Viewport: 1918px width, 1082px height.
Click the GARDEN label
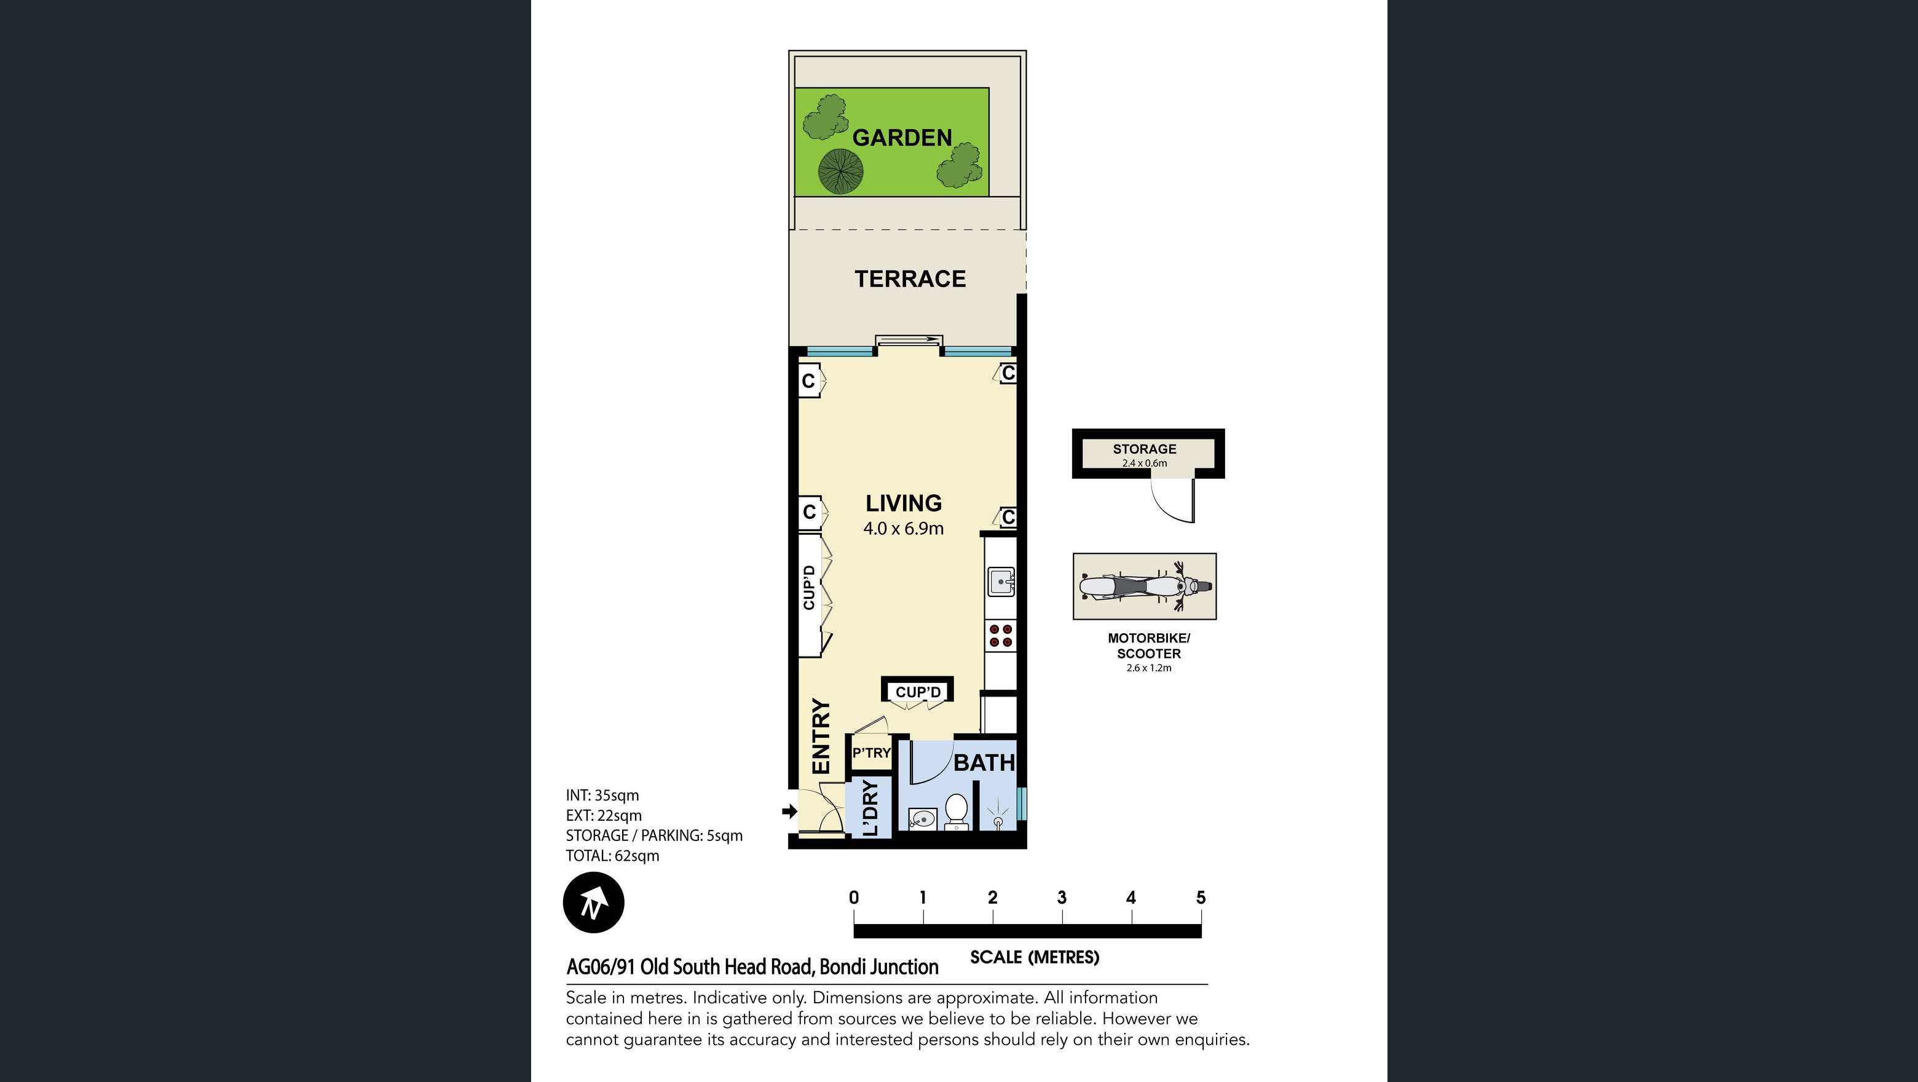[902, 138]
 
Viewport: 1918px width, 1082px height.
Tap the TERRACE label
[910, 278]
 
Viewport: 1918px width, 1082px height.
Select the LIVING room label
[903, 503]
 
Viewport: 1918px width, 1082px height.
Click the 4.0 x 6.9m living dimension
[903, 529]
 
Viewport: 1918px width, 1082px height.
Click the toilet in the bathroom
[955, 811]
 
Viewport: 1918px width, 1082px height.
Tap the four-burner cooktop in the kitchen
[1001, 635]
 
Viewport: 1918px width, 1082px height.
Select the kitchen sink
[1001, 582]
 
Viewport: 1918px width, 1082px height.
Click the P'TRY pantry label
[871, 753]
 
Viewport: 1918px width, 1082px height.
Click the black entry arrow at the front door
[789, 811]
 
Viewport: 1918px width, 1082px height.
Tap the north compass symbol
[593, 902]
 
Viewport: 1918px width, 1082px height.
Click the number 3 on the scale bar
[1062, 898]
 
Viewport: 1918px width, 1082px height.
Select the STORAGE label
[1145, 449]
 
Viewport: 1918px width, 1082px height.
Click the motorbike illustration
[1145, 586]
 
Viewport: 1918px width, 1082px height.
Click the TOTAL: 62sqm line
[613, 856]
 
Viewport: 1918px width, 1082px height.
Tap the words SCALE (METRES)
[1034, 958]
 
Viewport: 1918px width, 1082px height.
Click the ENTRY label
[820, 736]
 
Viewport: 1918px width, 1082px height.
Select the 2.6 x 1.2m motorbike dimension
[1149, 668]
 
